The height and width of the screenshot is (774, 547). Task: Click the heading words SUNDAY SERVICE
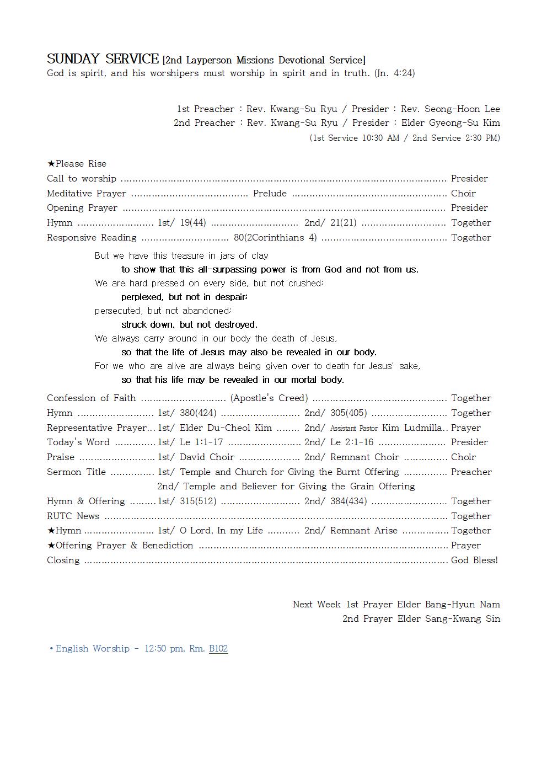point(103,59)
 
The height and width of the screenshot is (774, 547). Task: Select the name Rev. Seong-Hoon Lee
point(450,109)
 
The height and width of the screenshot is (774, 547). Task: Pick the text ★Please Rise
point(77,163)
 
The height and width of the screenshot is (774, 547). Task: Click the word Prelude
point(270,193)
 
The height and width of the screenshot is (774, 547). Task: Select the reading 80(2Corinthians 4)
point(275,237)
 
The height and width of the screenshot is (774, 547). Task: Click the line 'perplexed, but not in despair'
point(184,297)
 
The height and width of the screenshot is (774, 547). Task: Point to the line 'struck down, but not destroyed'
point(189,324)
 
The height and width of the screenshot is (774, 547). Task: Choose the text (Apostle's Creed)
point(269,398)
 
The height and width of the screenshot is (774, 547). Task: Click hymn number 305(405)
point(348,413)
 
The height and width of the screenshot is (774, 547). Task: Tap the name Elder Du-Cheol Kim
point(226,428)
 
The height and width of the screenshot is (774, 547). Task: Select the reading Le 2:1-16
point(352,442)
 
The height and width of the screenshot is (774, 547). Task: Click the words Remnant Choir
point(364,457)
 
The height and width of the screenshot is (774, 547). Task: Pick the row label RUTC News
point(73,516)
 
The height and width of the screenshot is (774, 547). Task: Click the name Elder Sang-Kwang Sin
point(449,618)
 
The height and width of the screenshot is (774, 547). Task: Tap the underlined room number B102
point(218,648)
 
